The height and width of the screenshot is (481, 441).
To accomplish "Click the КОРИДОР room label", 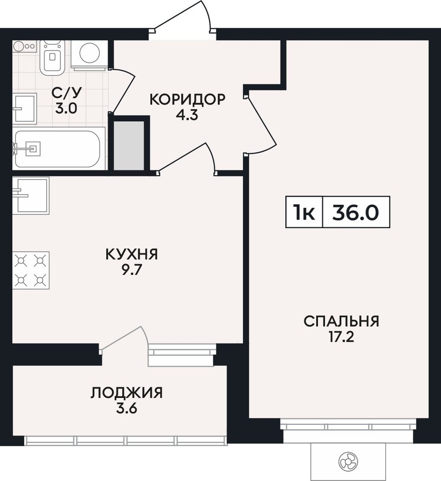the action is (188, 99).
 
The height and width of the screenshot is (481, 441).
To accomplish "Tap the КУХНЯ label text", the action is (131, 254).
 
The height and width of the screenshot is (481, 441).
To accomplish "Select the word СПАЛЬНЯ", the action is (341, 321).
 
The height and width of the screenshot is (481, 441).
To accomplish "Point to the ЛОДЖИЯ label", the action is (126, 393).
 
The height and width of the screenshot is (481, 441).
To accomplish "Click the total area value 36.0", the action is (356, 212).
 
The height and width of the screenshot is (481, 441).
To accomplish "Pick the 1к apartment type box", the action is (304, 212).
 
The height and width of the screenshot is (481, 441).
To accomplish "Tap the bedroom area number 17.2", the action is (341, 337).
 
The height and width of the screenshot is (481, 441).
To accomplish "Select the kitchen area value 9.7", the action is (131, 270).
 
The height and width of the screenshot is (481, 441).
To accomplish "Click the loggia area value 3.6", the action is (126, 409).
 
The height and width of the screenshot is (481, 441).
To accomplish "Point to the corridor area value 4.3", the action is (188, 115).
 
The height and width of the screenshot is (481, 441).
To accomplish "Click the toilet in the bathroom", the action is (52, 57).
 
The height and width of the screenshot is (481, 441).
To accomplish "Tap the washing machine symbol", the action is (90, 54).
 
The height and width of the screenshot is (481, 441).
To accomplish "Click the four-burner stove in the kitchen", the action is (31, 270).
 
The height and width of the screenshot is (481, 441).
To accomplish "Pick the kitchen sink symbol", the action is (31, 195).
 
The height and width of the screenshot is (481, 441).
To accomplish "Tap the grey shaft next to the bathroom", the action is (129, 145).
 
